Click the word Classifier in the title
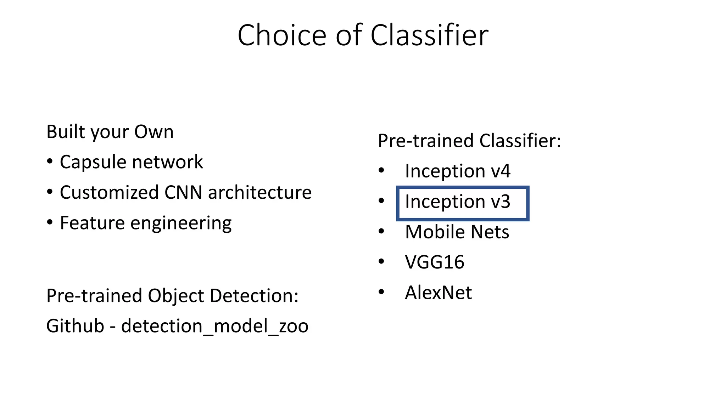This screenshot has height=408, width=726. (x=429, y=35)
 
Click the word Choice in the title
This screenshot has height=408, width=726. (x=282, y=35)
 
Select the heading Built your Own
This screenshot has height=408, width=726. (x=110, y=132)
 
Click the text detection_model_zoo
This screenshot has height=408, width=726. (x=214, y=326)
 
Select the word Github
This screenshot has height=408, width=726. (x=75, y=326)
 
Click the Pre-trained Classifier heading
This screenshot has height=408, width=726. (x=469, y=141)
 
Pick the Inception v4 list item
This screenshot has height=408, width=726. (x=457, y=171)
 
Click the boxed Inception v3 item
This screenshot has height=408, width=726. (x=457, y=202)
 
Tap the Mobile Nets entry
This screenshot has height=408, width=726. (x=457, y=232)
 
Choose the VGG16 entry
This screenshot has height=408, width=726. (x=434, y=262)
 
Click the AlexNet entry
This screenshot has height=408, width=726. (x=438, y=293)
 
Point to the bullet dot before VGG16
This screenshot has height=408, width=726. (x=381, y=262)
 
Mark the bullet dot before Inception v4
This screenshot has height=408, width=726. (x=381, y=171)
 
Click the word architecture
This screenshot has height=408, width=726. (x=259, y=193)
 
